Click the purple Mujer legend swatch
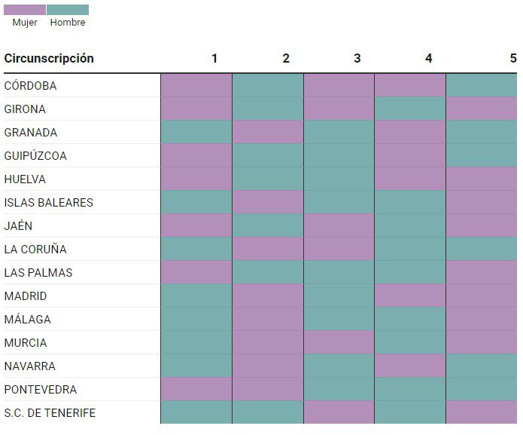pos(25,10)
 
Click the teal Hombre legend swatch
pos(68,10)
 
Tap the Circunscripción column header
pos(49,59)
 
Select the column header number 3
pos(357,59)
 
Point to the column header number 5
pos(513,59)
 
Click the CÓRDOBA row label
pos(30,86)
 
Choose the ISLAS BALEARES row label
pos(49,203)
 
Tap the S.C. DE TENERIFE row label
pos(50,413)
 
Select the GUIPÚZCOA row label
pos(35,156)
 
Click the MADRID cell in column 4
pos(410,296)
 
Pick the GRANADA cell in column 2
pos(268,132)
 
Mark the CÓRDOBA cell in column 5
pos(482,85)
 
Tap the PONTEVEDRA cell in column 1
pos(196,389)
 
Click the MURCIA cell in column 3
pos(339,342)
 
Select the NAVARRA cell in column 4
pos(410,366)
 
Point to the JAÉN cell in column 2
pos(268,225)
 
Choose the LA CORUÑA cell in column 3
pos(339,249)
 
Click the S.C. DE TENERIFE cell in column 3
pos(339,412)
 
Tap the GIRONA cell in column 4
pos(410,109)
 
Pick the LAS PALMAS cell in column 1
pos(196,272)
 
